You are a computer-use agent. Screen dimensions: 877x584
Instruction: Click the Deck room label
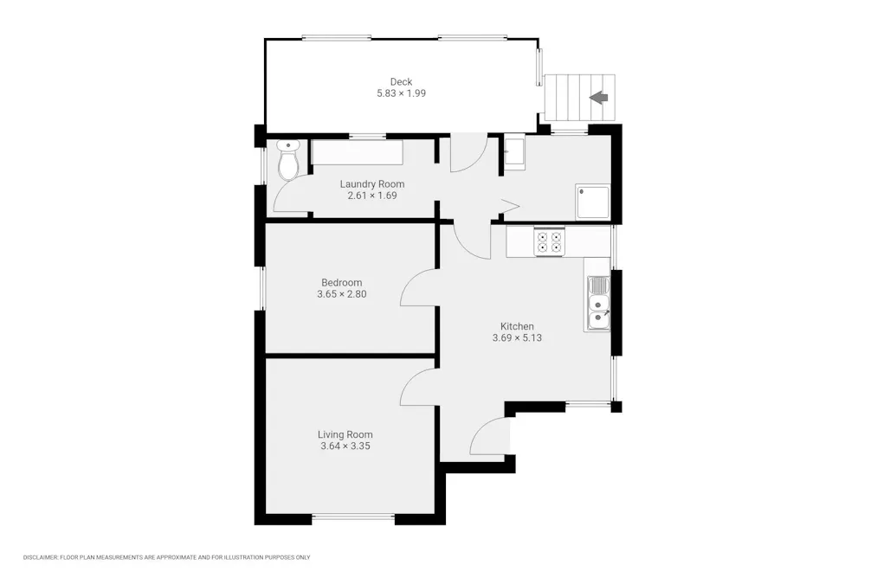(401, 81)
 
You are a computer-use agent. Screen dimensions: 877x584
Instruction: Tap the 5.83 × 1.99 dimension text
(401, 93)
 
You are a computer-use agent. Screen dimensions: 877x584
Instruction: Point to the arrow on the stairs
(599, 98)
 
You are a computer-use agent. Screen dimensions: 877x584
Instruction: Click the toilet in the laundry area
(288, 160)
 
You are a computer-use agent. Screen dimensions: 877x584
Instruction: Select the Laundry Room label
(372, 184)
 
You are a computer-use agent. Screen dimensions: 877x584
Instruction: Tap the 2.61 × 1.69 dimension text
(372, 196)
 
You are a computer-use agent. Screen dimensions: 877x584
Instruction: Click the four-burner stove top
(549, 241)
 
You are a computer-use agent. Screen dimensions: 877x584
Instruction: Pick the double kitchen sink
(598, 303)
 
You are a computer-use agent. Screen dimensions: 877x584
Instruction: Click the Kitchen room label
(517, 326)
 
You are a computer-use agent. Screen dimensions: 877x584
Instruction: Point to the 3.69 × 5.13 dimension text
(517, 337)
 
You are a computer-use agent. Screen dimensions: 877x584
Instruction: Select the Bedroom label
(341, 283)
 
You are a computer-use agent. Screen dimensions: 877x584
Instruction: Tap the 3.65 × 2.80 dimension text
(341, 294)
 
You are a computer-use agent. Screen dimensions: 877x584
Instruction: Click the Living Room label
(345, 435)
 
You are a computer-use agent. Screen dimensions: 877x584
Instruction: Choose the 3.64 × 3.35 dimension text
(345, 446)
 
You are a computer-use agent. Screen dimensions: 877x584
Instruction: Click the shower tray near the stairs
(593, 202)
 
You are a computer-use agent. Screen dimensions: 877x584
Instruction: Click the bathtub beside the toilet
(357, 152)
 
